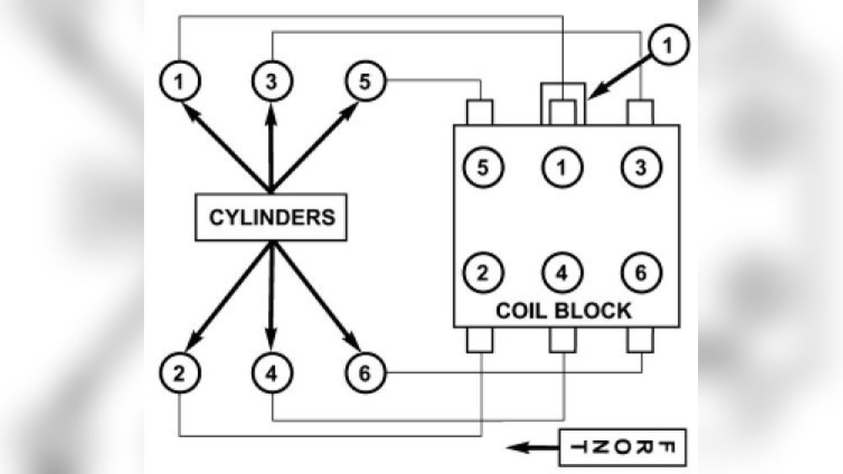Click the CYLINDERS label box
[x=270, y=216]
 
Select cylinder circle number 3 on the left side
[x=271, y=82]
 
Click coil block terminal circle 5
[x=481, y=167]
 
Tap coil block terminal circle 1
[x=561, y=167]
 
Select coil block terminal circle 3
[x=641, y=167]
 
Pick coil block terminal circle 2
[x=481, y=273]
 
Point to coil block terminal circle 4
[x=561, y=273]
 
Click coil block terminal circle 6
[x=641, y=273]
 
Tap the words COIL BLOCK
[x=562, y=310]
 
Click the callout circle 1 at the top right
[x=668, y=46]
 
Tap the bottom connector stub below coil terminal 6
[x=641, y=339]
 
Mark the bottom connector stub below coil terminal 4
[x=561, y=339]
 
